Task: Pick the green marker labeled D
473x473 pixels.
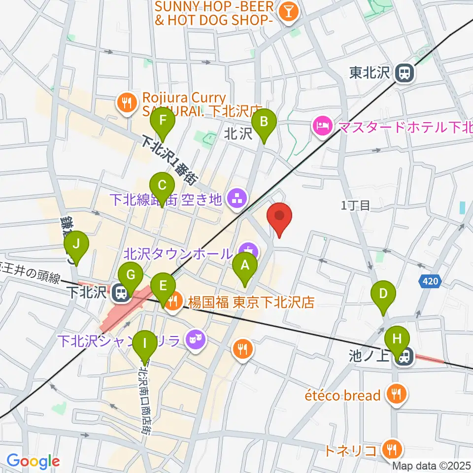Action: [384, 295]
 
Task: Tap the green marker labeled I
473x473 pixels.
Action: [144, 343]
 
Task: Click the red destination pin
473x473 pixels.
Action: [279, 217]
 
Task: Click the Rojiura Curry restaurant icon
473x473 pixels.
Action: [126, 103]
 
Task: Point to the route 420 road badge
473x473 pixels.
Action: [429, 282]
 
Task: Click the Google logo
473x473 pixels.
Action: [33, 461]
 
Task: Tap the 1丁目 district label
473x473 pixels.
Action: [355, 205]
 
